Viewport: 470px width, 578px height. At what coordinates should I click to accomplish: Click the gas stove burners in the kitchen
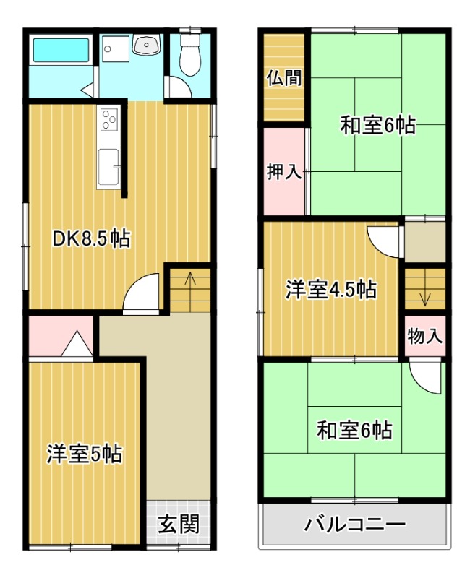pos(109,118)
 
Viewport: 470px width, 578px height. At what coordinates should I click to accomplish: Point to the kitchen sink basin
pos(110,165)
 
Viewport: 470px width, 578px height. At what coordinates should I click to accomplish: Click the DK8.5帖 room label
pos(91,239)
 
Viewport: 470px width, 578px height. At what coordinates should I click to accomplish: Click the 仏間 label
pos(283,77)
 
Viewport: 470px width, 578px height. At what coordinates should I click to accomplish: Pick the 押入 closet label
pos(283,172)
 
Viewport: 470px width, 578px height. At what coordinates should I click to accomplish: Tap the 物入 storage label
pos(424,336)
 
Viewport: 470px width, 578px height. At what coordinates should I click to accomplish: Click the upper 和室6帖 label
pos(377,126)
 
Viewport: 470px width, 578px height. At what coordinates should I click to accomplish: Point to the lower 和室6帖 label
pos(354,431)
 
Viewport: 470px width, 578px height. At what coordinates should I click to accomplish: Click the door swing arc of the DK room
pos(142,296)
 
